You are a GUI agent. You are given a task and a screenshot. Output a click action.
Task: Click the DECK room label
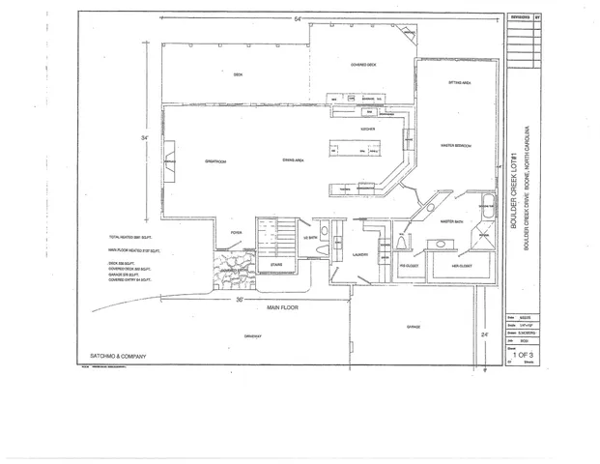tap(237, 74)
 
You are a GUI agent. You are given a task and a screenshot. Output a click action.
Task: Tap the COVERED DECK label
tap(362, 65)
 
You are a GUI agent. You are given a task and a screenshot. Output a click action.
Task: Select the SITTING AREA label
tap(459, 84)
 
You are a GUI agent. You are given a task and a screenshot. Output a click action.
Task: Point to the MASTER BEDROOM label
tap(455, 146)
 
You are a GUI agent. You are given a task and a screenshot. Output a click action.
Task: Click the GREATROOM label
tap(214, 160)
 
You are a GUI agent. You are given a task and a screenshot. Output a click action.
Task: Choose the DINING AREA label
tap(294, 159)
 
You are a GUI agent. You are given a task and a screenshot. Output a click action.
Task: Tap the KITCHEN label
tap(367, 129)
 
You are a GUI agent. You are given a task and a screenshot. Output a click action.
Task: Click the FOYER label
tap(236, 233)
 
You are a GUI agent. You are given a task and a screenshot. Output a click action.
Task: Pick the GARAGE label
tap(413, 327)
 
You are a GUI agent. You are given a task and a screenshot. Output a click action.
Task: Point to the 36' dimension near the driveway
tap(239, 299)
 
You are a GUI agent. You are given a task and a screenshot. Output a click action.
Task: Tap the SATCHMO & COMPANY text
tap(111, 357)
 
